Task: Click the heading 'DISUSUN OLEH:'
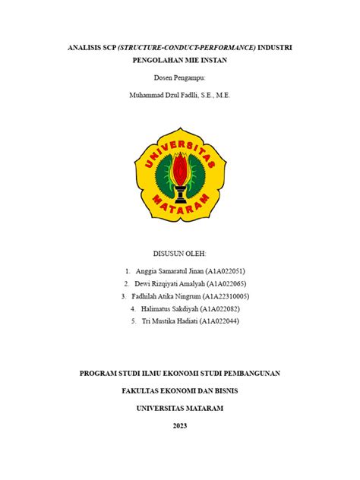tap(180, 253)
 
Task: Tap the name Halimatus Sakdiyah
tap(174, 309)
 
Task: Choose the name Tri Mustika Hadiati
tap(170, 322)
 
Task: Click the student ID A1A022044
tap(219, 322)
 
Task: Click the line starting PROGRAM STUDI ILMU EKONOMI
tap(180, 373)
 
